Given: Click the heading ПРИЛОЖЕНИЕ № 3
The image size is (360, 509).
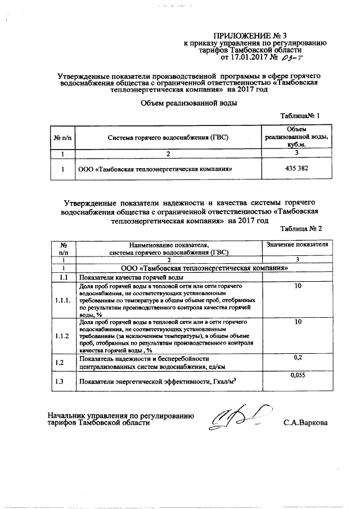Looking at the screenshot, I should (254, 34).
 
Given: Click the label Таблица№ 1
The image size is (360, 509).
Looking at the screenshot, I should (300, 116).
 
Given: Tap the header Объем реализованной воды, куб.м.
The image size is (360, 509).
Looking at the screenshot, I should (296, 137).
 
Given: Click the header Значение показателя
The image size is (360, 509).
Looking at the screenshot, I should (296, 245).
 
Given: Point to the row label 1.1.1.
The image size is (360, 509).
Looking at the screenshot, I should (63, 301).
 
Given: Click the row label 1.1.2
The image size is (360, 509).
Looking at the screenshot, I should (63, 336).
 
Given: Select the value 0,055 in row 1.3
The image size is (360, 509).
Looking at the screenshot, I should (298, 375).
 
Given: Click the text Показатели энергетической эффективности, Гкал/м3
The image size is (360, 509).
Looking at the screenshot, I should (157, 382).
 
